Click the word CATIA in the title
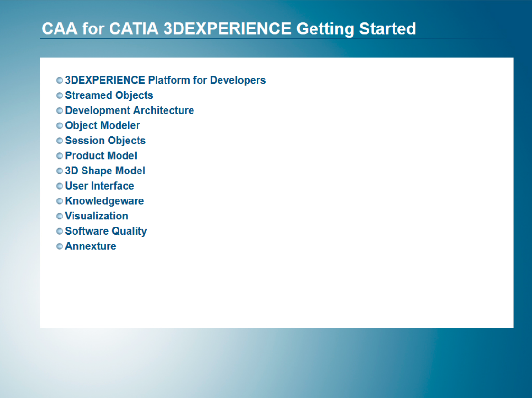[x=134, y=28]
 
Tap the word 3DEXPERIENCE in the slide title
[x=227, y=28]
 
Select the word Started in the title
[x=387, y=28]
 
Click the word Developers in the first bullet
[x=238, y=80]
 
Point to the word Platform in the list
[x=169, y=80]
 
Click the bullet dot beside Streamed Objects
[x=59, y=95]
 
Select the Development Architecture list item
[x=129, y=111]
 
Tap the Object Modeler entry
[x=102, y=125]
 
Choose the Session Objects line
[x=105, y=141]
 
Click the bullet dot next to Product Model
[x=59, y=156]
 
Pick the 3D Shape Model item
[x=105, y=171]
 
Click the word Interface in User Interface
[x=114, y=186]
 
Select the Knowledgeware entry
[x=104, y=201]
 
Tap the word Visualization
[x=97, y=216]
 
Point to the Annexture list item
[x=91, y=246]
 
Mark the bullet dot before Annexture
[x=59, y=246]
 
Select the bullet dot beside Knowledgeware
[x=59, y=201]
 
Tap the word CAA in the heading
[x=59, y=28]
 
